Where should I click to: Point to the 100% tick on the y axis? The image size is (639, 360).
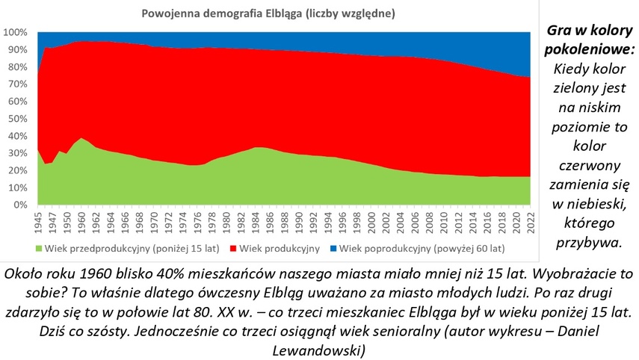coord(16,33)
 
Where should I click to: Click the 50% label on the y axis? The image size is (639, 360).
coord(18,119)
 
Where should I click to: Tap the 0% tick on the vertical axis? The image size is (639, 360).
coord(20,205)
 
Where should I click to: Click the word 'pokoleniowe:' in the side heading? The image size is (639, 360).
coord(590,51)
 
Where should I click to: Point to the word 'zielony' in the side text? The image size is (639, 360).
coord(590,90)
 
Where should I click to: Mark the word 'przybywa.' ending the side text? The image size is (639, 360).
coord(590,240)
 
